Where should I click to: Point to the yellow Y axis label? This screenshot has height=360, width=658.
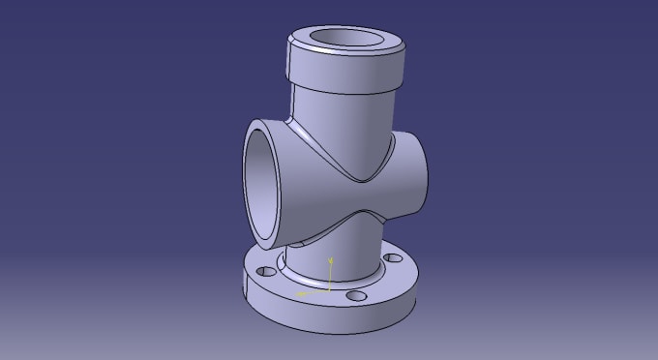331,260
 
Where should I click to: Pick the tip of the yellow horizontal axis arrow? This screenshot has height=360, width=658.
299,294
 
